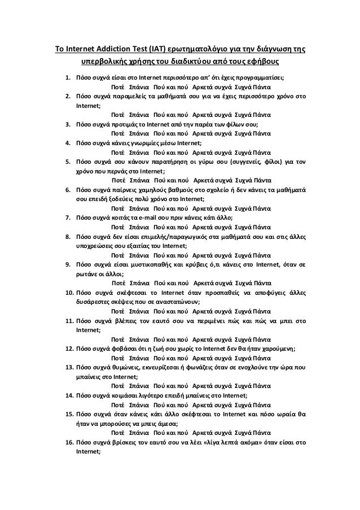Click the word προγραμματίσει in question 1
[x=263, y=77]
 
